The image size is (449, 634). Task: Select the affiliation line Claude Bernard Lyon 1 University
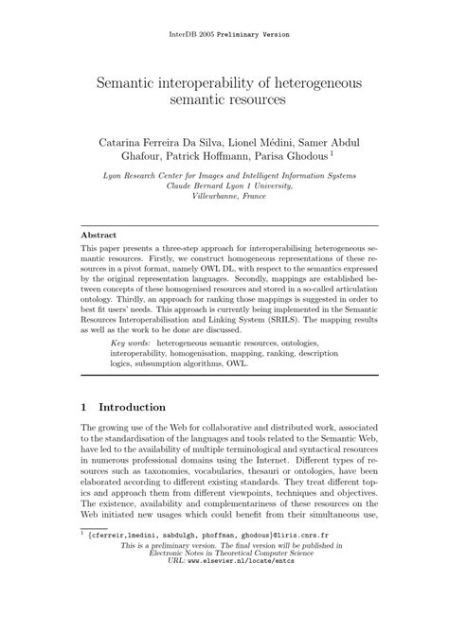coord(224,186)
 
